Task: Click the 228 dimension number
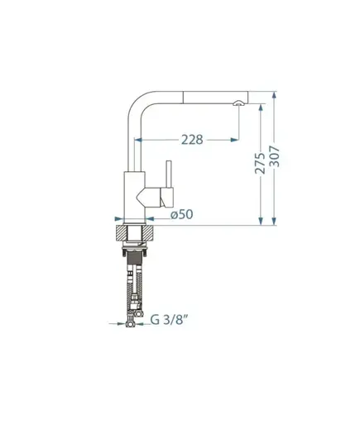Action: (192, 140)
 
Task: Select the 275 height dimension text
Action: (260, 164)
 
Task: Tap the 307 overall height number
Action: (274, 156)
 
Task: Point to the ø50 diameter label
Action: (182, 214)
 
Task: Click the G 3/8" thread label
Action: (169, 320)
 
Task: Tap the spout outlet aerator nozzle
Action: (238, 103)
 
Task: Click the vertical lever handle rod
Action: (169, 174)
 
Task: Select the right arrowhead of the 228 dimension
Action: (234, 140)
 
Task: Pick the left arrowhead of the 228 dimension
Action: (138, 140)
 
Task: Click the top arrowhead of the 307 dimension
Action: (274, 95)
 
